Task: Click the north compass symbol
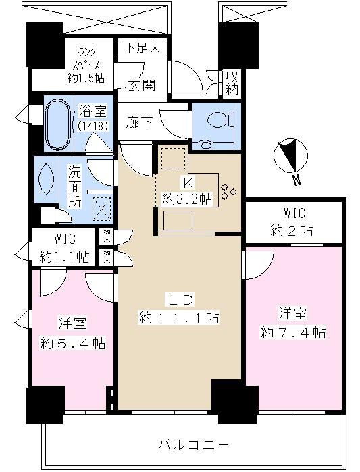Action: click(x=291, y=157)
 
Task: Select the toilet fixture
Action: click(x=217, y=125)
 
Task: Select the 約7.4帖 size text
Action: click(x=293, y=332)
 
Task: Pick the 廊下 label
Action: click(x=140, y=124)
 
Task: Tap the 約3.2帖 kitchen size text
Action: click(x=187, y=198)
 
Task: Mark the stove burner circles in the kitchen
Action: click(x=228, y=190)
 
